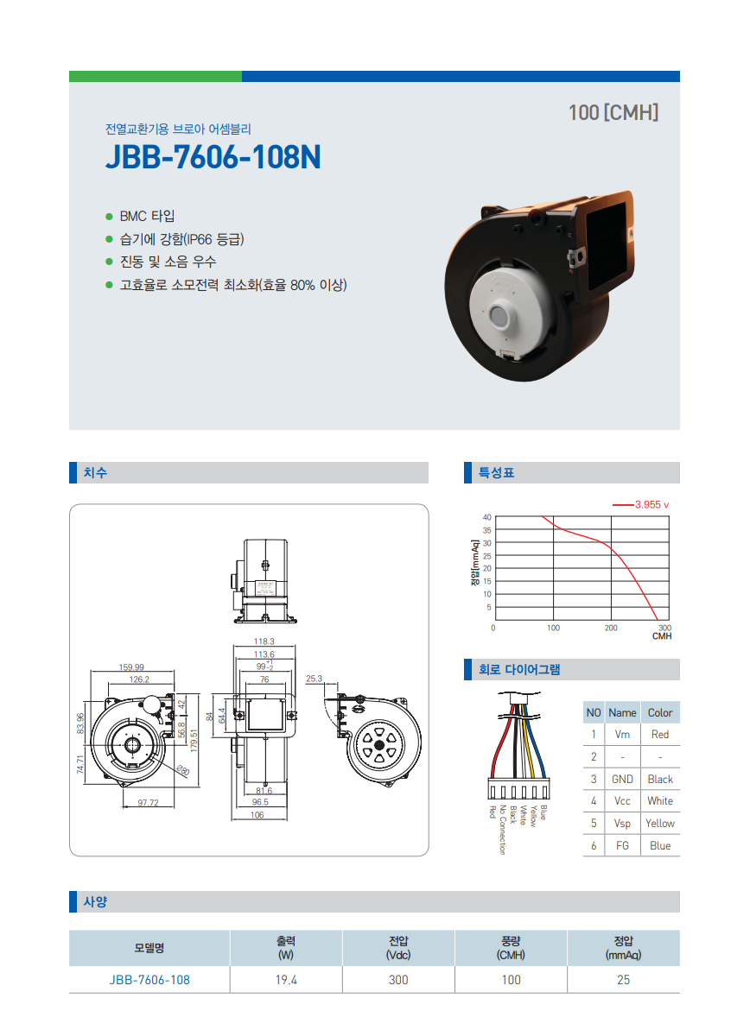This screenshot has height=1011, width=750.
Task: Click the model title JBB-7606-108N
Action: (213, 156)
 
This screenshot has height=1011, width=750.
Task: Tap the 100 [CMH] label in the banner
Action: (613, 113)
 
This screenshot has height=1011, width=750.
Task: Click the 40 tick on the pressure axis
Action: (486, 517)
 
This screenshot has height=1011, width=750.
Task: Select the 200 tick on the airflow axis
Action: (611, 628)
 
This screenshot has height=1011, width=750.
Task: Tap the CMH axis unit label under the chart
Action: (662, 636)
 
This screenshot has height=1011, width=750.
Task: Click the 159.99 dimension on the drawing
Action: (131, 667)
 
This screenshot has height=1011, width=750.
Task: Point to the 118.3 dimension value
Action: (264, 641)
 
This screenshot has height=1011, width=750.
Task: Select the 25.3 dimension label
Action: (314, 679)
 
